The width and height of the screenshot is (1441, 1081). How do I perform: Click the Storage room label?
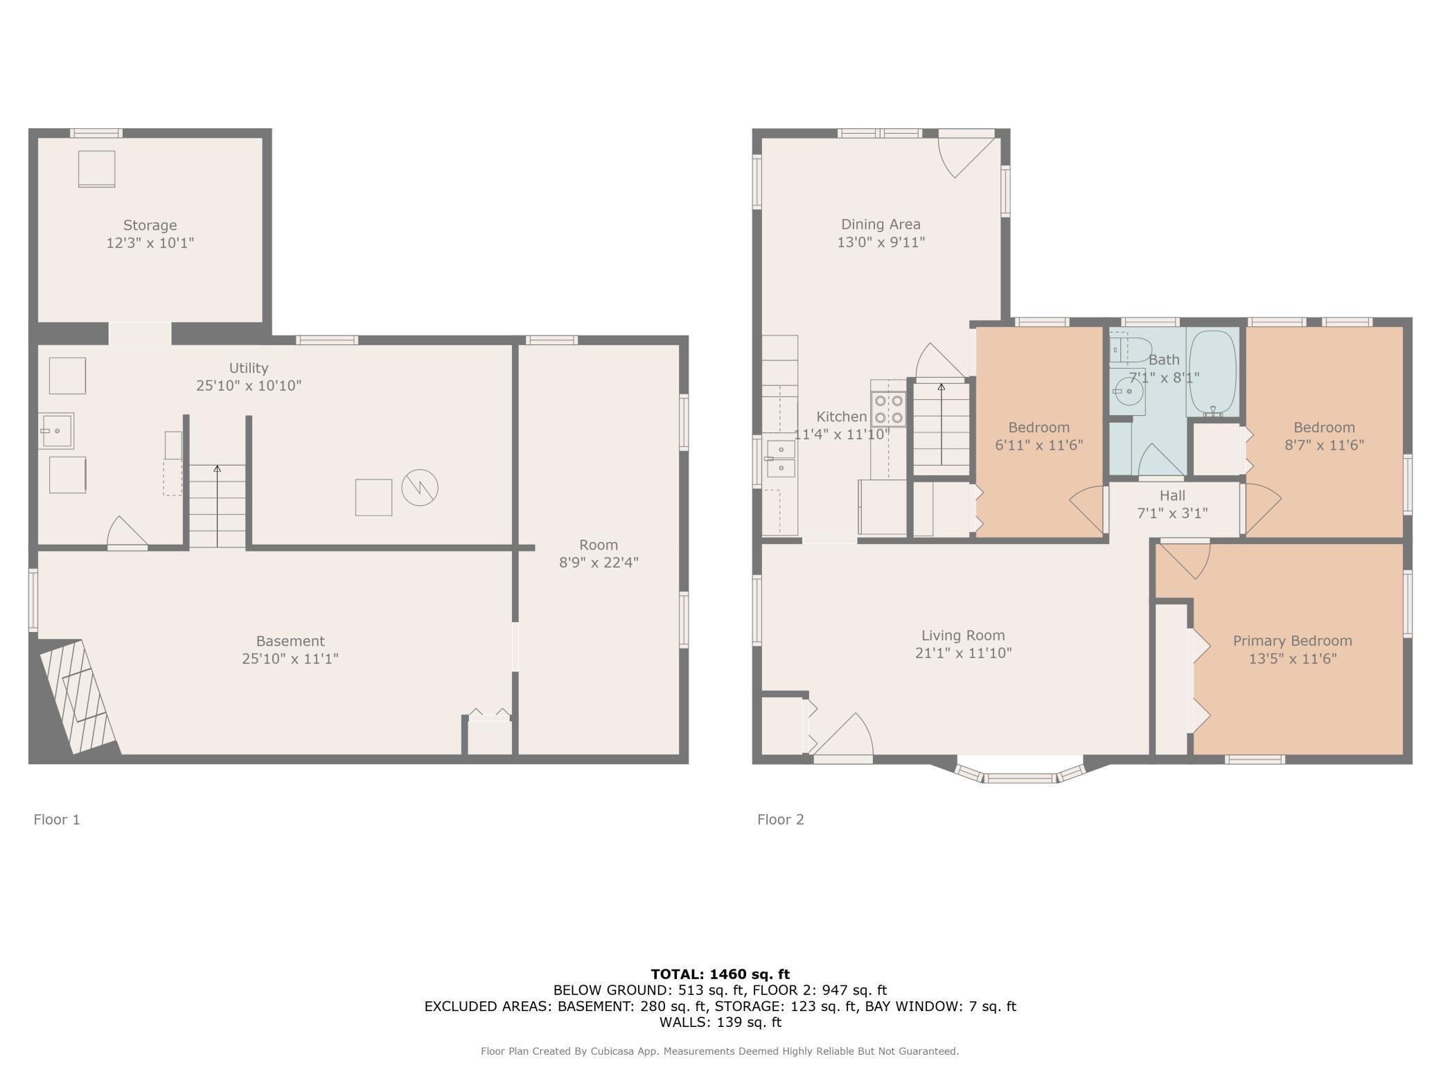coord(150,225)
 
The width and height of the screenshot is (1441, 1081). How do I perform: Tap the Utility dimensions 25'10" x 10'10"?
coord(249,386)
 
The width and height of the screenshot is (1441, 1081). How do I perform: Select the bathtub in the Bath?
coord(1212,373)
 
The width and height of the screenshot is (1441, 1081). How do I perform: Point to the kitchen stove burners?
coord(889,409)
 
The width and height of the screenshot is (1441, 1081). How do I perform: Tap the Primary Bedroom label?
coord(1292,641)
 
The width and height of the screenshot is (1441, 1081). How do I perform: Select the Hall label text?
coord(1172,495)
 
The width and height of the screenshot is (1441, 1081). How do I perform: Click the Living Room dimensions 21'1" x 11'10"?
coord(963,653)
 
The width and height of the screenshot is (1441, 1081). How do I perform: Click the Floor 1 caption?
coord(57,820)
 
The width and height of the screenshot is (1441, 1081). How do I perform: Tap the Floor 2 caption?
coord(781,820)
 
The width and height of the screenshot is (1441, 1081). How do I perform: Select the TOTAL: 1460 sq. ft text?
coord(720,974)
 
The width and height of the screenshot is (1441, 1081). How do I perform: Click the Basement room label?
coord(290,641)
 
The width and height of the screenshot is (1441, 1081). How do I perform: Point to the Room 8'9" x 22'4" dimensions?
coord(599,562)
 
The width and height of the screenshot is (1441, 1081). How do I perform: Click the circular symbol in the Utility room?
coord(420,488)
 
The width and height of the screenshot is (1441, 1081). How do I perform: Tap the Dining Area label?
coord(881,225)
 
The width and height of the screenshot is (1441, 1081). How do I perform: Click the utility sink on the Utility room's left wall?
coord(57,431)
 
